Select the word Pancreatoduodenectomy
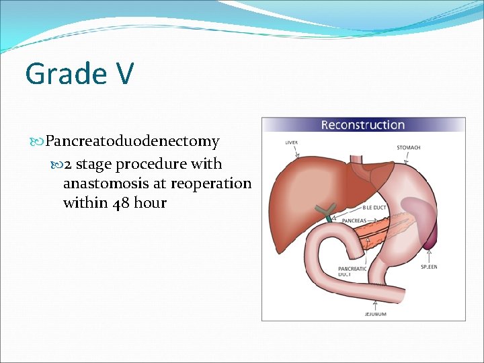(x=132, y=142)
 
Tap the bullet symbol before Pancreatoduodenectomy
(x=37, y=142)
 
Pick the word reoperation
(x=210, y=184)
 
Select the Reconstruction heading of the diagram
(x=362, y=125)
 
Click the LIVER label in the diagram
(x=291, y=143)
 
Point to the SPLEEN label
(x=429, y=267)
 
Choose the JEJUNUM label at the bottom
(x=375, y=314)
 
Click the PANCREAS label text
(x=354, y=220)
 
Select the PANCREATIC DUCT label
(x=352, y=272)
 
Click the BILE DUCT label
(x=374, y=208)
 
